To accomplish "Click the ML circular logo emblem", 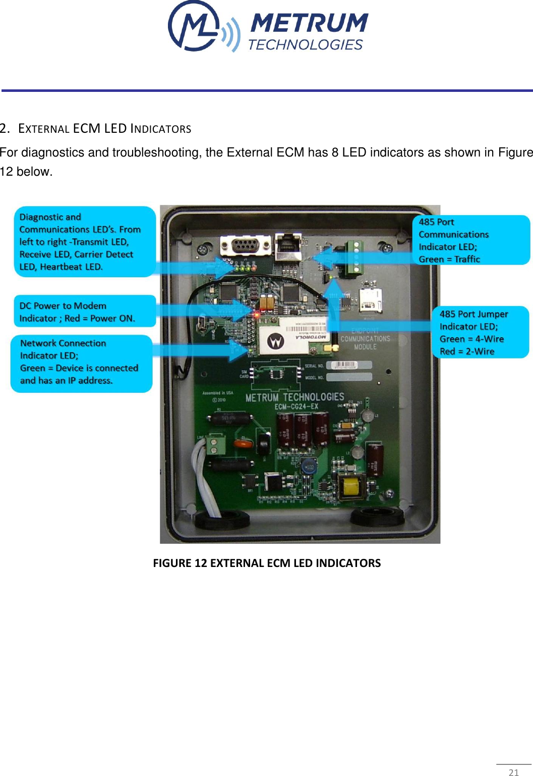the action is click(x=194, y=26).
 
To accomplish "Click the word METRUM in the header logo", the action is click(x=309, y=23).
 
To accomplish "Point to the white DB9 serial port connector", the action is click(x=246, y=246).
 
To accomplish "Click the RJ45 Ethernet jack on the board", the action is click(x=287, y=245).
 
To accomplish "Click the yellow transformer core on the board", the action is click(x=351, y=487).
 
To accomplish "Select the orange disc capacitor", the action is click(x=243, y=444).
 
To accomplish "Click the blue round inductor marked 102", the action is click(x=308, y=467).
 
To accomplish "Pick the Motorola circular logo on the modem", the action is click(x=275, y=342).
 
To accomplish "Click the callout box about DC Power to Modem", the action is click(x=84, y=312).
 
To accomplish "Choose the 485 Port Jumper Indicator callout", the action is click(x=480, y=332).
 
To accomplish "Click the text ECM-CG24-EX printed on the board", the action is click(x=296, y=406).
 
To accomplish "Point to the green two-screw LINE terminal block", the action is click(x=217, y=445).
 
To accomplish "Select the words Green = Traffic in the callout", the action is click(x=449, y=259).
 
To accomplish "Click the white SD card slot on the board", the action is click(x=370, y=299).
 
